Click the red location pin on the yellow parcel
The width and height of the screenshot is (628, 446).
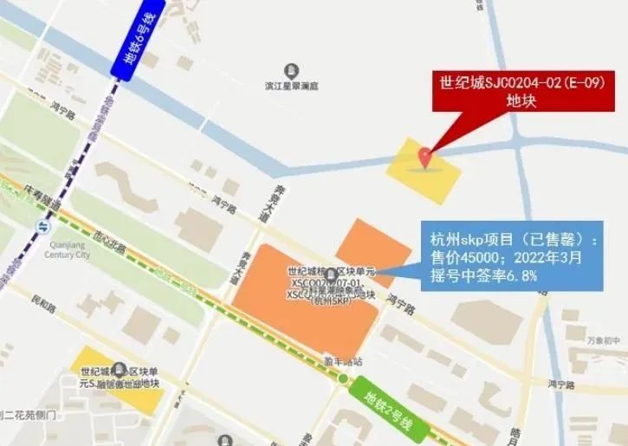(424, 157)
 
